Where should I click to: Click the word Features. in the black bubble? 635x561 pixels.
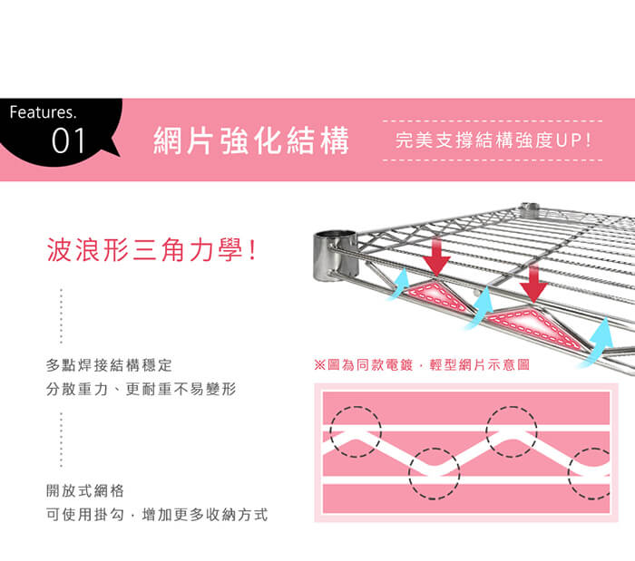pos(43,112)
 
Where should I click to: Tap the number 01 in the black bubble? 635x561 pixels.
pos(68,140)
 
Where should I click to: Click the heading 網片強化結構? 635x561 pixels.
pos(251,140)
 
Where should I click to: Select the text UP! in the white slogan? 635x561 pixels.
pos(573,140)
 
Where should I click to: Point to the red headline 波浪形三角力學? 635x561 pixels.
pos(151,249)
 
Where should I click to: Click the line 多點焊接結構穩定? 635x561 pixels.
pos(109,365)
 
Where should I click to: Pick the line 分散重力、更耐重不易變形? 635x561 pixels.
pos(141,389)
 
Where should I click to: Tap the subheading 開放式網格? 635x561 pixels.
pos(85,490)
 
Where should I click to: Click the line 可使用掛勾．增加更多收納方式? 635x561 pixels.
pos(157,515)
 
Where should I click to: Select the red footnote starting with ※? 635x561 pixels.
pos(422,365)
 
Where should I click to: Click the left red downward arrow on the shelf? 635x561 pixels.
pos(436,256)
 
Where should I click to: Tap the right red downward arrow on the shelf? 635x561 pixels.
pos(533,283)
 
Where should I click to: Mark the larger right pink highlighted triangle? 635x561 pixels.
pos(534,325)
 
